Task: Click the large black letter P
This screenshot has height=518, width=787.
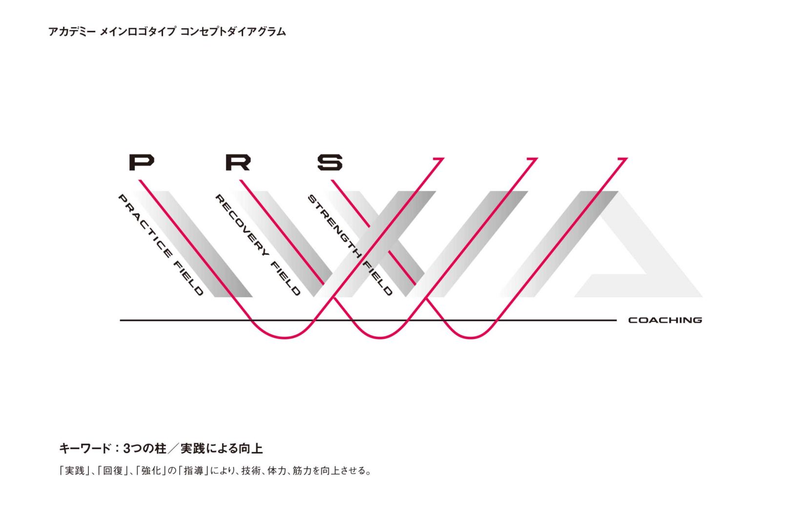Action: (x=142, y=162)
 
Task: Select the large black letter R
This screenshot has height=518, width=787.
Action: (x=238, y=162)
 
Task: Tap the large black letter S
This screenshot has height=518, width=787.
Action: (x=330, y=162)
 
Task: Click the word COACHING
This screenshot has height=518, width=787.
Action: (x=665, y=320)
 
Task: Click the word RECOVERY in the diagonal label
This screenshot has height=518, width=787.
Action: (x=242, y=226)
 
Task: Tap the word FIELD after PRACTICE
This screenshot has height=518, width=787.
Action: (x=188, y=278)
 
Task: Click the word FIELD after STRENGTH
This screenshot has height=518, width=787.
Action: (x=377, y=278)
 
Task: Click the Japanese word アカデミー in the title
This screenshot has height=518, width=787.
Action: (x=72, y=32)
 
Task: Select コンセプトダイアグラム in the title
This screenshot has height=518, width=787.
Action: (x=233, y=32)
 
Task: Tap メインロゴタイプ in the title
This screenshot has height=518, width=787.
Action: (x=138, y=32)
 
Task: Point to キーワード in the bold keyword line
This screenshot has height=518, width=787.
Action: (x=84, y=449)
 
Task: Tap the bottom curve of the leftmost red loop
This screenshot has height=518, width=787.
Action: (x=285, y=337)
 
